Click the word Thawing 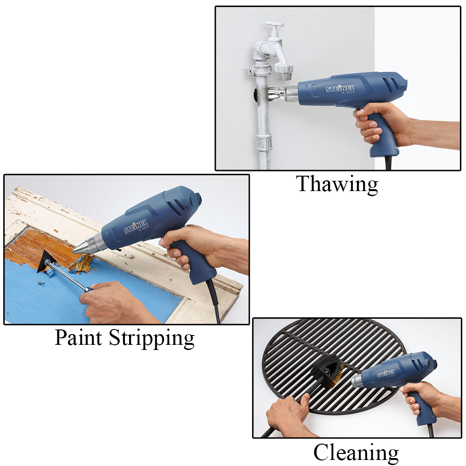pyautogui.click(x=337, y=184)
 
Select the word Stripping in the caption pyautogui.click(x=151, y=339)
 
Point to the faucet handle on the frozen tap pyautogui.click(x=274, y=25)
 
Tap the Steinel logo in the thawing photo pyautogui.click(x=340, y=88)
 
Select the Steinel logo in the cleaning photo pyautogui.click(x=386, y=373)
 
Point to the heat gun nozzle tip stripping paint pyautogui.click(x=74, y=252)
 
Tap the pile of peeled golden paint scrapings pyautogui.click(x=80, y=264)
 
